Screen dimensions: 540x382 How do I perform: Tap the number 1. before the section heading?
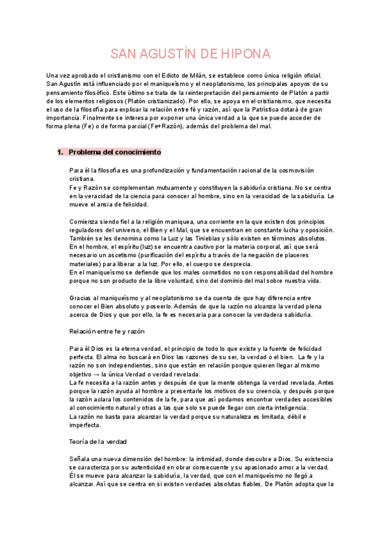coord(61,153)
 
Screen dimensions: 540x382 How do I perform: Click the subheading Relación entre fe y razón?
coord(107,331)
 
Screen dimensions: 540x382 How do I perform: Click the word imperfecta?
coord(85,424)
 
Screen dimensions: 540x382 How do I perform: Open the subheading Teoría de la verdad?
coord(98,441)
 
